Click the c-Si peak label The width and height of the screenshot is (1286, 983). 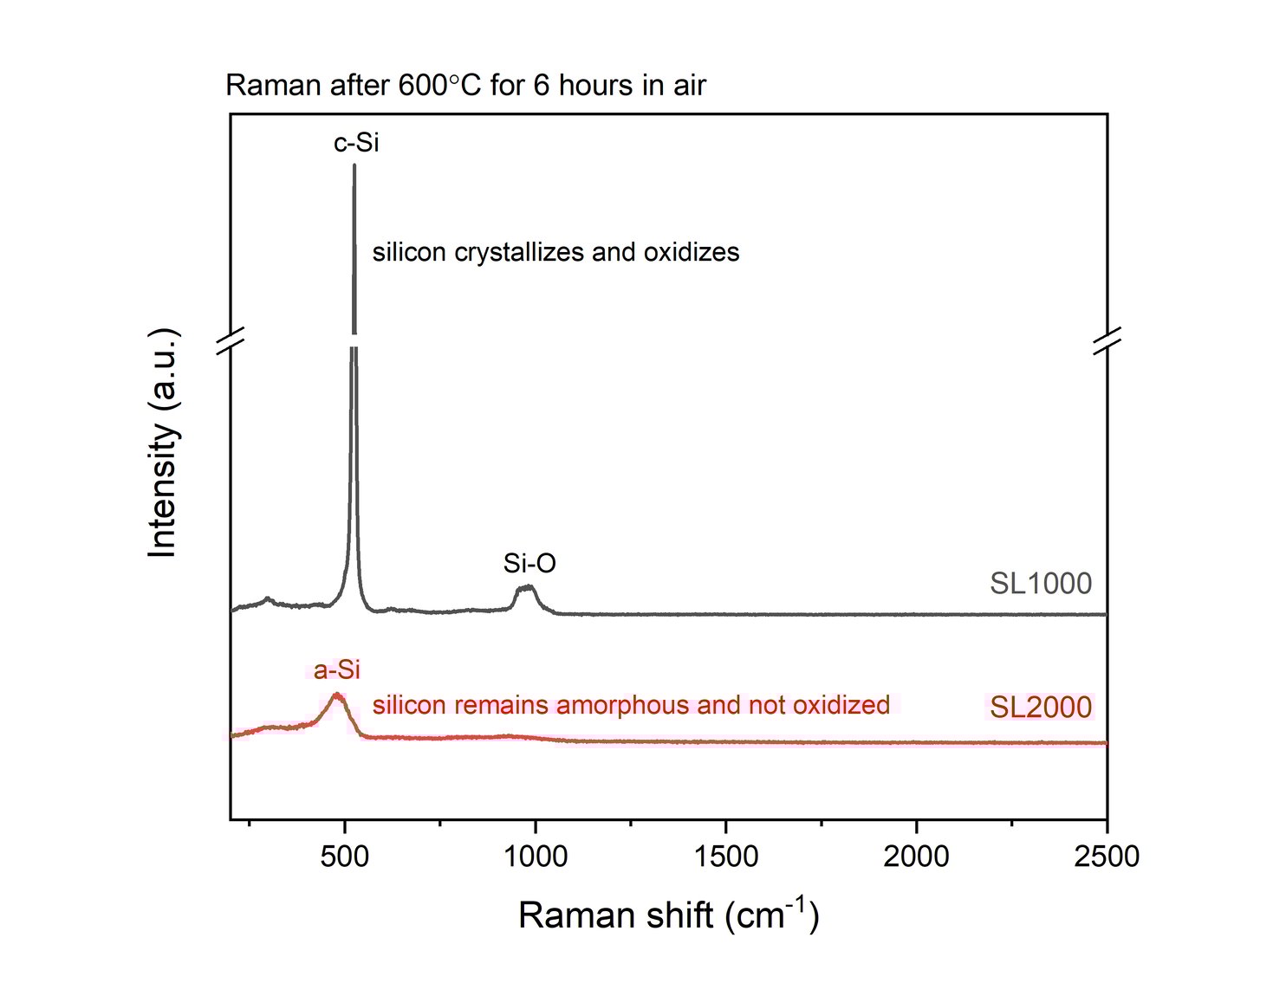(356, 142)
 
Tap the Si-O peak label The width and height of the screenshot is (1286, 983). (529, 564)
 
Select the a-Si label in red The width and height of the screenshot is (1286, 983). (337, 669)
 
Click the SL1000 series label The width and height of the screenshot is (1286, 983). (1041, 584)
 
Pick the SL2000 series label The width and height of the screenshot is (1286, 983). (1041, 708)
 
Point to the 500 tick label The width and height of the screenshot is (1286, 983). (345, 857)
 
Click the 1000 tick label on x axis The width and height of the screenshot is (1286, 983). (536, 857)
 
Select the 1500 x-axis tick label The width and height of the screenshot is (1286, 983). (726, 857)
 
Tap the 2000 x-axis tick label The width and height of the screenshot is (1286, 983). (916, 857)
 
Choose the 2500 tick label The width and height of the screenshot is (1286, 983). (1106, 857)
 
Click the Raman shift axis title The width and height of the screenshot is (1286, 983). (668, 915)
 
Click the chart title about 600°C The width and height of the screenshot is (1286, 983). (465, 85)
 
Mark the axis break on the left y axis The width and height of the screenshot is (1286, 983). (231, 340)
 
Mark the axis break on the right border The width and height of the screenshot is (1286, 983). (1107, 340)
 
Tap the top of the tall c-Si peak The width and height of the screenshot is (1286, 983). (354, 165)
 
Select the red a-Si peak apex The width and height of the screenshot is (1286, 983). (337, 695)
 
